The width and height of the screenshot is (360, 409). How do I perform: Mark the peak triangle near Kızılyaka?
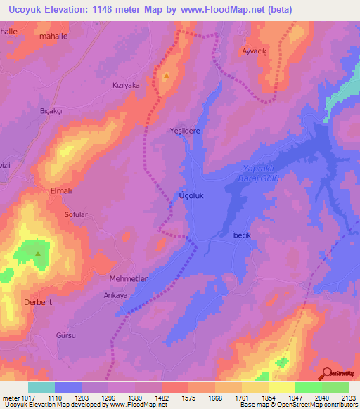coord(166,75)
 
